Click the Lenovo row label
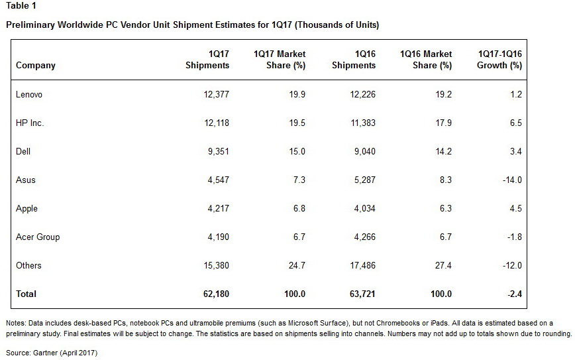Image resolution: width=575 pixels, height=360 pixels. (x=29, y=95)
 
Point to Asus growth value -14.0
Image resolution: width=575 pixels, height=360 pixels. (x=510, y=180)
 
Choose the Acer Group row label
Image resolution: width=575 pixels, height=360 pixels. (x=38, y=237)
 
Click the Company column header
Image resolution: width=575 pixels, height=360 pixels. (x=36, y=66)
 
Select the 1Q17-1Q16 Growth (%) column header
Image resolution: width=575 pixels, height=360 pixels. (x=499, y=60)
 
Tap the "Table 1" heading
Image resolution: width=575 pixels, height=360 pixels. (x=21, y=7)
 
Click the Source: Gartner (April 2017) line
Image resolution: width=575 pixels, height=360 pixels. (x=52, y=353)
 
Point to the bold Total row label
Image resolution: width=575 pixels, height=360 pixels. (x=26, y=294)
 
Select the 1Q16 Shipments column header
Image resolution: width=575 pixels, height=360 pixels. (x=354, y=60)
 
